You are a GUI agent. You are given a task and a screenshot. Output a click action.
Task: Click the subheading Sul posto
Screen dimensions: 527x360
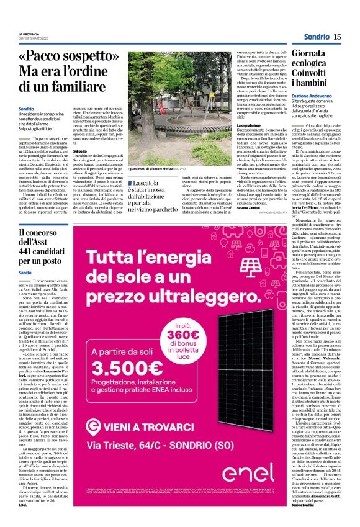point(81,151)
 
